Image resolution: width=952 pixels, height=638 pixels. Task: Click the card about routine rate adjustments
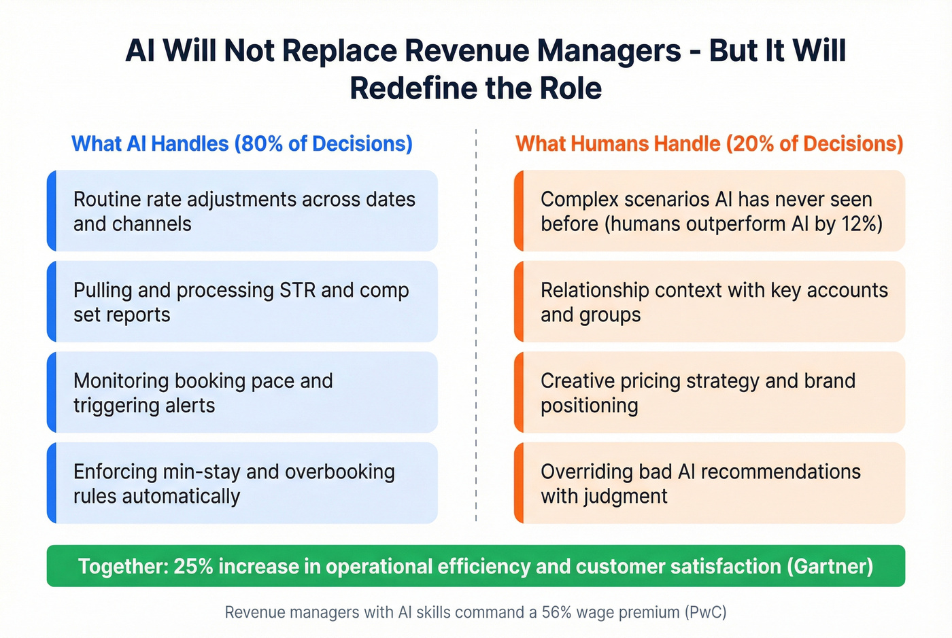[243, 211]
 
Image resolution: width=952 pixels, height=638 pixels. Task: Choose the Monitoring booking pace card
[243, 393]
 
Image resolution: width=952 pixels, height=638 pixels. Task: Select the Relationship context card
[710, 302]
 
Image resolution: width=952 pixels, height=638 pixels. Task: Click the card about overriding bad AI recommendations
[710, 483]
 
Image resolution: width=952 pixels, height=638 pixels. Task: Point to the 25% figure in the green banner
[194, 566]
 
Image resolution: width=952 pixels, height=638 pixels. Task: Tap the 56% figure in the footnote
[556, 612]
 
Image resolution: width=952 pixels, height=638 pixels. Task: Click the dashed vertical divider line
[476, 326]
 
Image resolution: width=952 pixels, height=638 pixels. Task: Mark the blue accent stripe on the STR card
[51, 302]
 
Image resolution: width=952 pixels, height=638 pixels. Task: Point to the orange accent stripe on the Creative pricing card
[519, 393]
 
